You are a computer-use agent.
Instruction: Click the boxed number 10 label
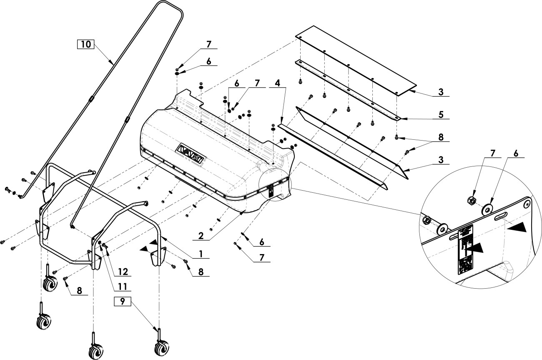[x=85, y=44]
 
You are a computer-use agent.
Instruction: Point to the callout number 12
[x=122, y=271]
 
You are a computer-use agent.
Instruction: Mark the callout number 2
[x=201, y=236]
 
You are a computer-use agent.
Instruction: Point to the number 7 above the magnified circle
[x=493, y=154]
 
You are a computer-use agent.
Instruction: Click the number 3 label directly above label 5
[x=441, y=92]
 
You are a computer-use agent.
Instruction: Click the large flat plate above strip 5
[x=354, y=58]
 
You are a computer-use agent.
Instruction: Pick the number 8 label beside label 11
[x=78, y=290]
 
